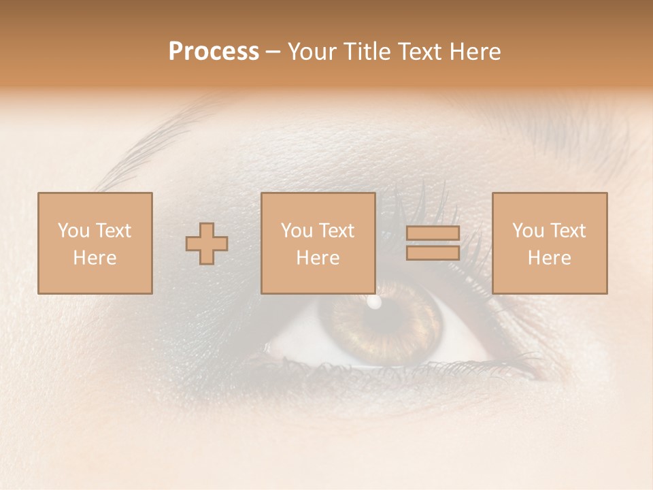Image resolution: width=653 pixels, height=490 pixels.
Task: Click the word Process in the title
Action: (x=214, y=52)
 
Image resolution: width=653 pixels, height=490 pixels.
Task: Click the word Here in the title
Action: (x=475, y=52)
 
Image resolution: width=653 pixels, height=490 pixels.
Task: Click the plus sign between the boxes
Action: (x=207, y=244)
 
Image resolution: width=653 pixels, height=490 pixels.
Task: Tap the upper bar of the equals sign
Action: (x=433, y=233)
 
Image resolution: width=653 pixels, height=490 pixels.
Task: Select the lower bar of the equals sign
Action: (x=433, y=253)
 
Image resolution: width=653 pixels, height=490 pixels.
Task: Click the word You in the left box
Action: (x=73, y=231)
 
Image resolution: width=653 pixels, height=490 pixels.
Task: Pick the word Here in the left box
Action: (x=95, y=258)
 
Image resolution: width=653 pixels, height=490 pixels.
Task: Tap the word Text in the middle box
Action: (x=337, y=231)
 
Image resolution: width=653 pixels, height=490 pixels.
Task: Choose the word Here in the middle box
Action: (x=318, y=258)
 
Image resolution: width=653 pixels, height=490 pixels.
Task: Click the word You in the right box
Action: (x=527, y=231)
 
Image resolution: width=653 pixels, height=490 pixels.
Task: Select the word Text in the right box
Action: (x=568, y=231)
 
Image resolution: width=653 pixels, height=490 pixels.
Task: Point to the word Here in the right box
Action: (x=549, y=258)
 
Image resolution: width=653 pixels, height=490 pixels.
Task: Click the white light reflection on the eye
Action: (x=374, y=301)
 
